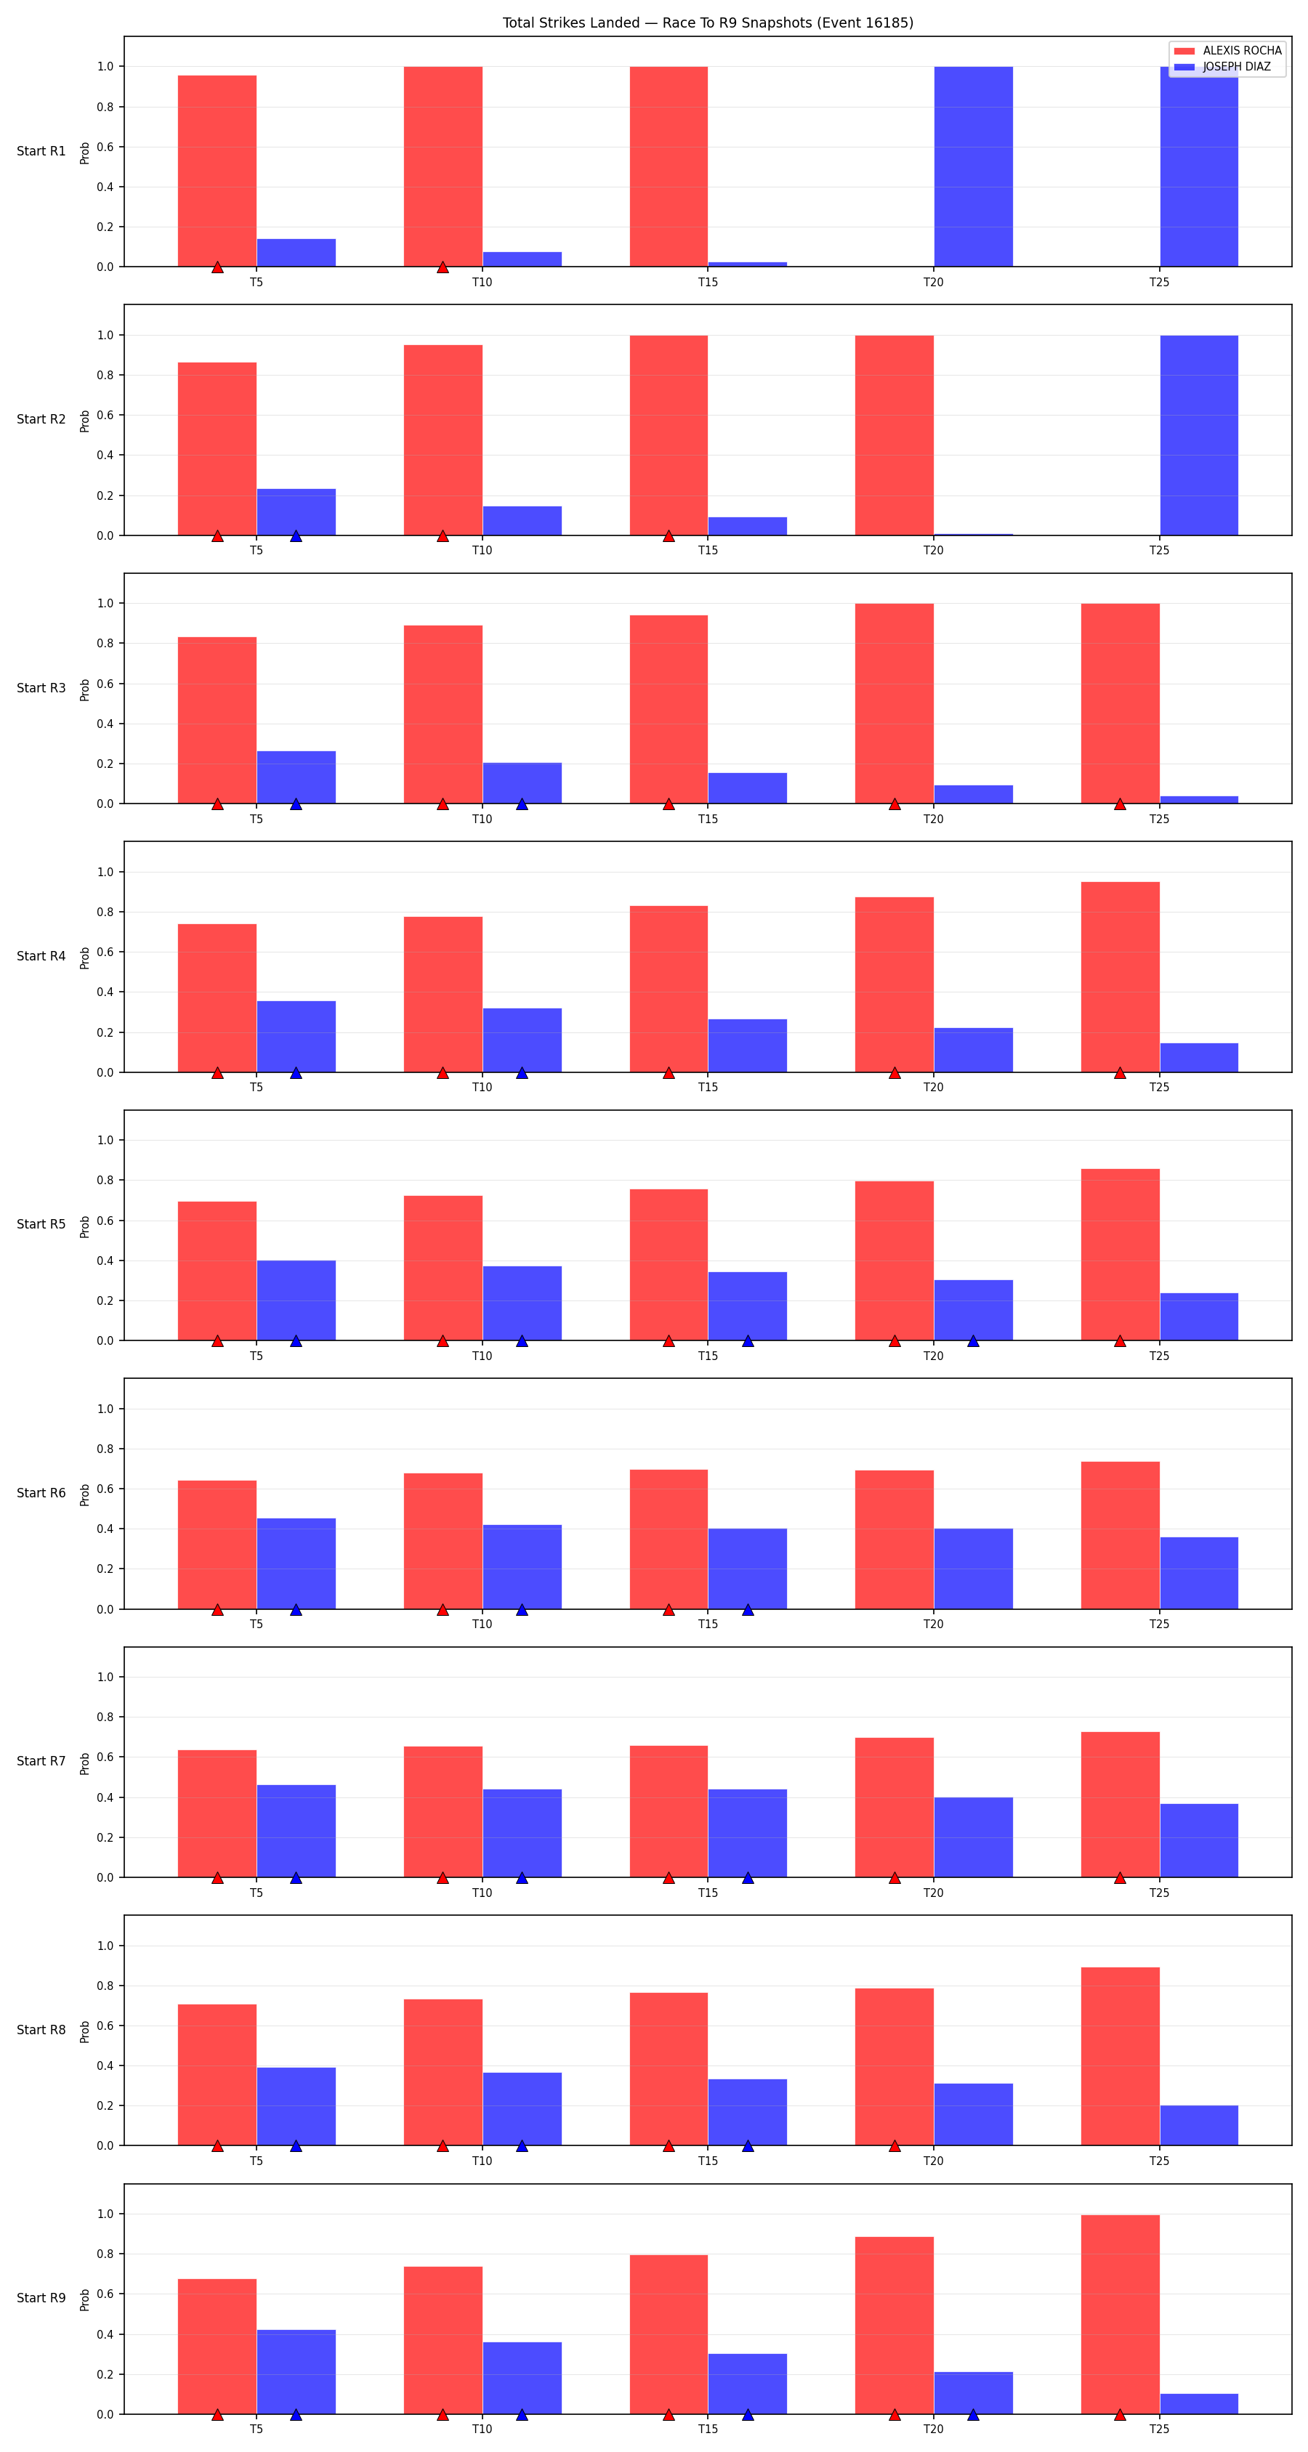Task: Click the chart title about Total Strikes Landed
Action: [707, 23]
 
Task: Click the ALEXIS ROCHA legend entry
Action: [1227, 50]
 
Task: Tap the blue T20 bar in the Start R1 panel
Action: [973, 166]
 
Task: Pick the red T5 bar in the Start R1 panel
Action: [217, 171]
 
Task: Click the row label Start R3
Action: [41, 688]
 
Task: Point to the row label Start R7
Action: [41, 1761]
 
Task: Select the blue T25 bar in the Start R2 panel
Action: [1198, 435]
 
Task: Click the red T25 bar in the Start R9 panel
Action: [1120, 2314]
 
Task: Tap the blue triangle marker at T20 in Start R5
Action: [973, 1341]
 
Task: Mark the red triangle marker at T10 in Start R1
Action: [443, 267]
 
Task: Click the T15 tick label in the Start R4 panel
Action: [707, 1087]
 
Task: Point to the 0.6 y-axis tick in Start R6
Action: [105, 1489]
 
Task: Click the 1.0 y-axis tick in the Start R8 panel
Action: [105, 1946]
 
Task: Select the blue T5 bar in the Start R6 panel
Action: [296, 1564]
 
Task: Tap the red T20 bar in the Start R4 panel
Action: [894, 984]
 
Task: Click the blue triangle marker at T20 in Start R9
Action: [973, 2415]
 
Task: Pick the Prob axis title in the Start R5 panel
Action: [85, 1226]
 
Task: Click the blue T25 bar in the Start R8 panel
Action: [1198, 2126]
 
